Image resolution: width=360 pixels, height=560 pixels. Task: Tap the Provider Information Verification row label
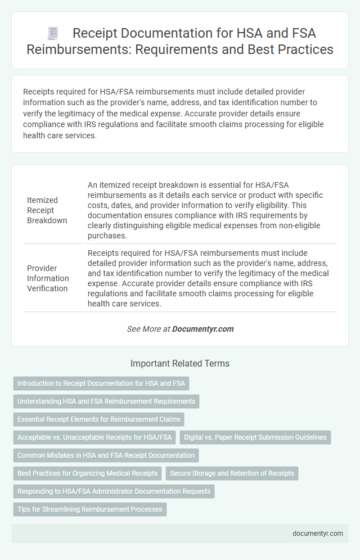tap(48, 278)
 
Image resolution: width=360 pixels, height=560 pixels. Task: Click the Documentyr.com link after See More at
tap(203, 329)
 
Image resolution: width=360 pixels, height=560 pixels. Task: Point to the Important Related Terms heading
tap(180, 364)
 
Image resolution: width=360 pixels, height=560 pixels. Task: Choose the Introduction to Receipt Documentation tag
tap(101, 383)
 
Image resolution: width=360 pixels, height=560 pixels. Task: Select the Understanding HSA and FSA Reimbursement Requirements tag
tap(106, 401)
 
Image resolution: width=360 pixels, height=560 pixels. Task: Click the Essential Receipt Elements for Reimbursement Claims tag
tap(98, 419)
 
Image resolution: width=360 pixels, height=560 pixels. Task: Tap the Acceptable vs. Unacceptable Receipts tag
tap(94, 437)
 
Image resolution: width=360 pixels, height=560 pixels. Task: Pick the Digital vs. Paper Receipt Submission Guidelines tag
tap(255, 437)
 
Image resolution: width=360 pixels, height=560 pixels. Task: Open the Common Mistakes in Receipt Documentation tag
tap(106, 455)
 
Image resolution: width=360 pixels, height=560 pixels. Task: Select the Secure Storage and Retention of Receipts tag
tap(232, 473)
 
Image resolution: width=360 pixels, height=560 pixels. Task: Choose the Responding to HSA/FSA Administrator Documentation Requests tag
tap(114, 491)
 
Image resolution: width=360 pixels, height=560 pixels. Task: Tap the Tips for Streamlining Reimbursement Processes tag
tap(89, 509)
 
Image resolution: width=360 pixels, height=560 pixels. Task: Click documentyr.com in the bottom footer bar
tap(318, 534)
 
